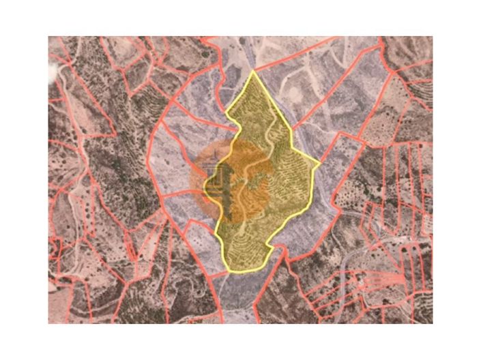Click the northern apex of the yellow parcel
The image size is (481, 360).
[252, 71]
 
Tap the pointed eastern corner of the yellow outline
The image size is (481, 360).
[319, 164]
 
